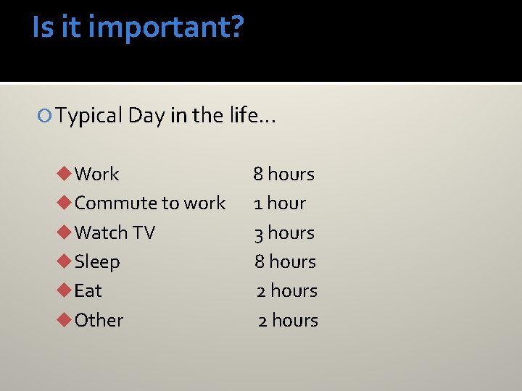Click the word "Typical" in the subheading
point(89,115)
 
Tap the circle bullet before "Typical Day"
point(47,116)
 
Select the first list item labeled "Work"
point(96,174)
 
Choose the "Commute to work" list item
point(149,203)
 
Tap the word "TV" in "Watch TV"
point(144,232)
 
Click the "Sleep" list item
point(97,261)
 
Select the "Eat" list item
point(88,291)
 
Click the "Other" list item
point(99,320)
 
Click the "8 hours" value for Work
point(283,174)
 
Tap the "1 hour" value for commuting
point(280,203)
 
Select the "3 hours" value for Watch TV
point(284,232)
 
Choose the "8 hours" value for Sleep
point(285,261)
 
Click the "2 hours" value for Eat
point(287,291)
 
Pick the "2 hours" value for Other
point(288,320)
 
